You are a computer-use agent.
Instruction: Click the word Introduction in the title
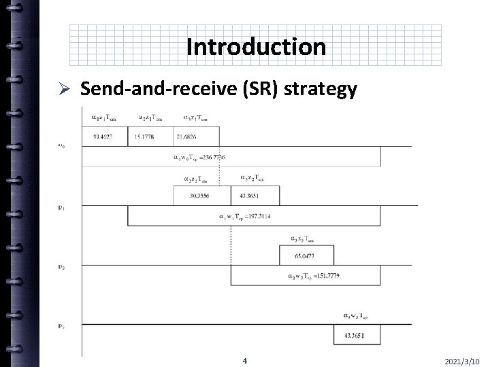coord(255,47)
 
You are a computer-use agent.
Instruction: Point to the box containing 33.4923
coord(104,137)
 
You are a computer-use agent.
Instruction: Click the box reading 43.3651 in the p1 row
coord(250,195)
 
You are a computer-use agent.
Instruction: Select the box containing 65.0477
coord(304,256)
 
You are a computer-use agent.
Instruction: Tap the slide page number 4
coord(244,360)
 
